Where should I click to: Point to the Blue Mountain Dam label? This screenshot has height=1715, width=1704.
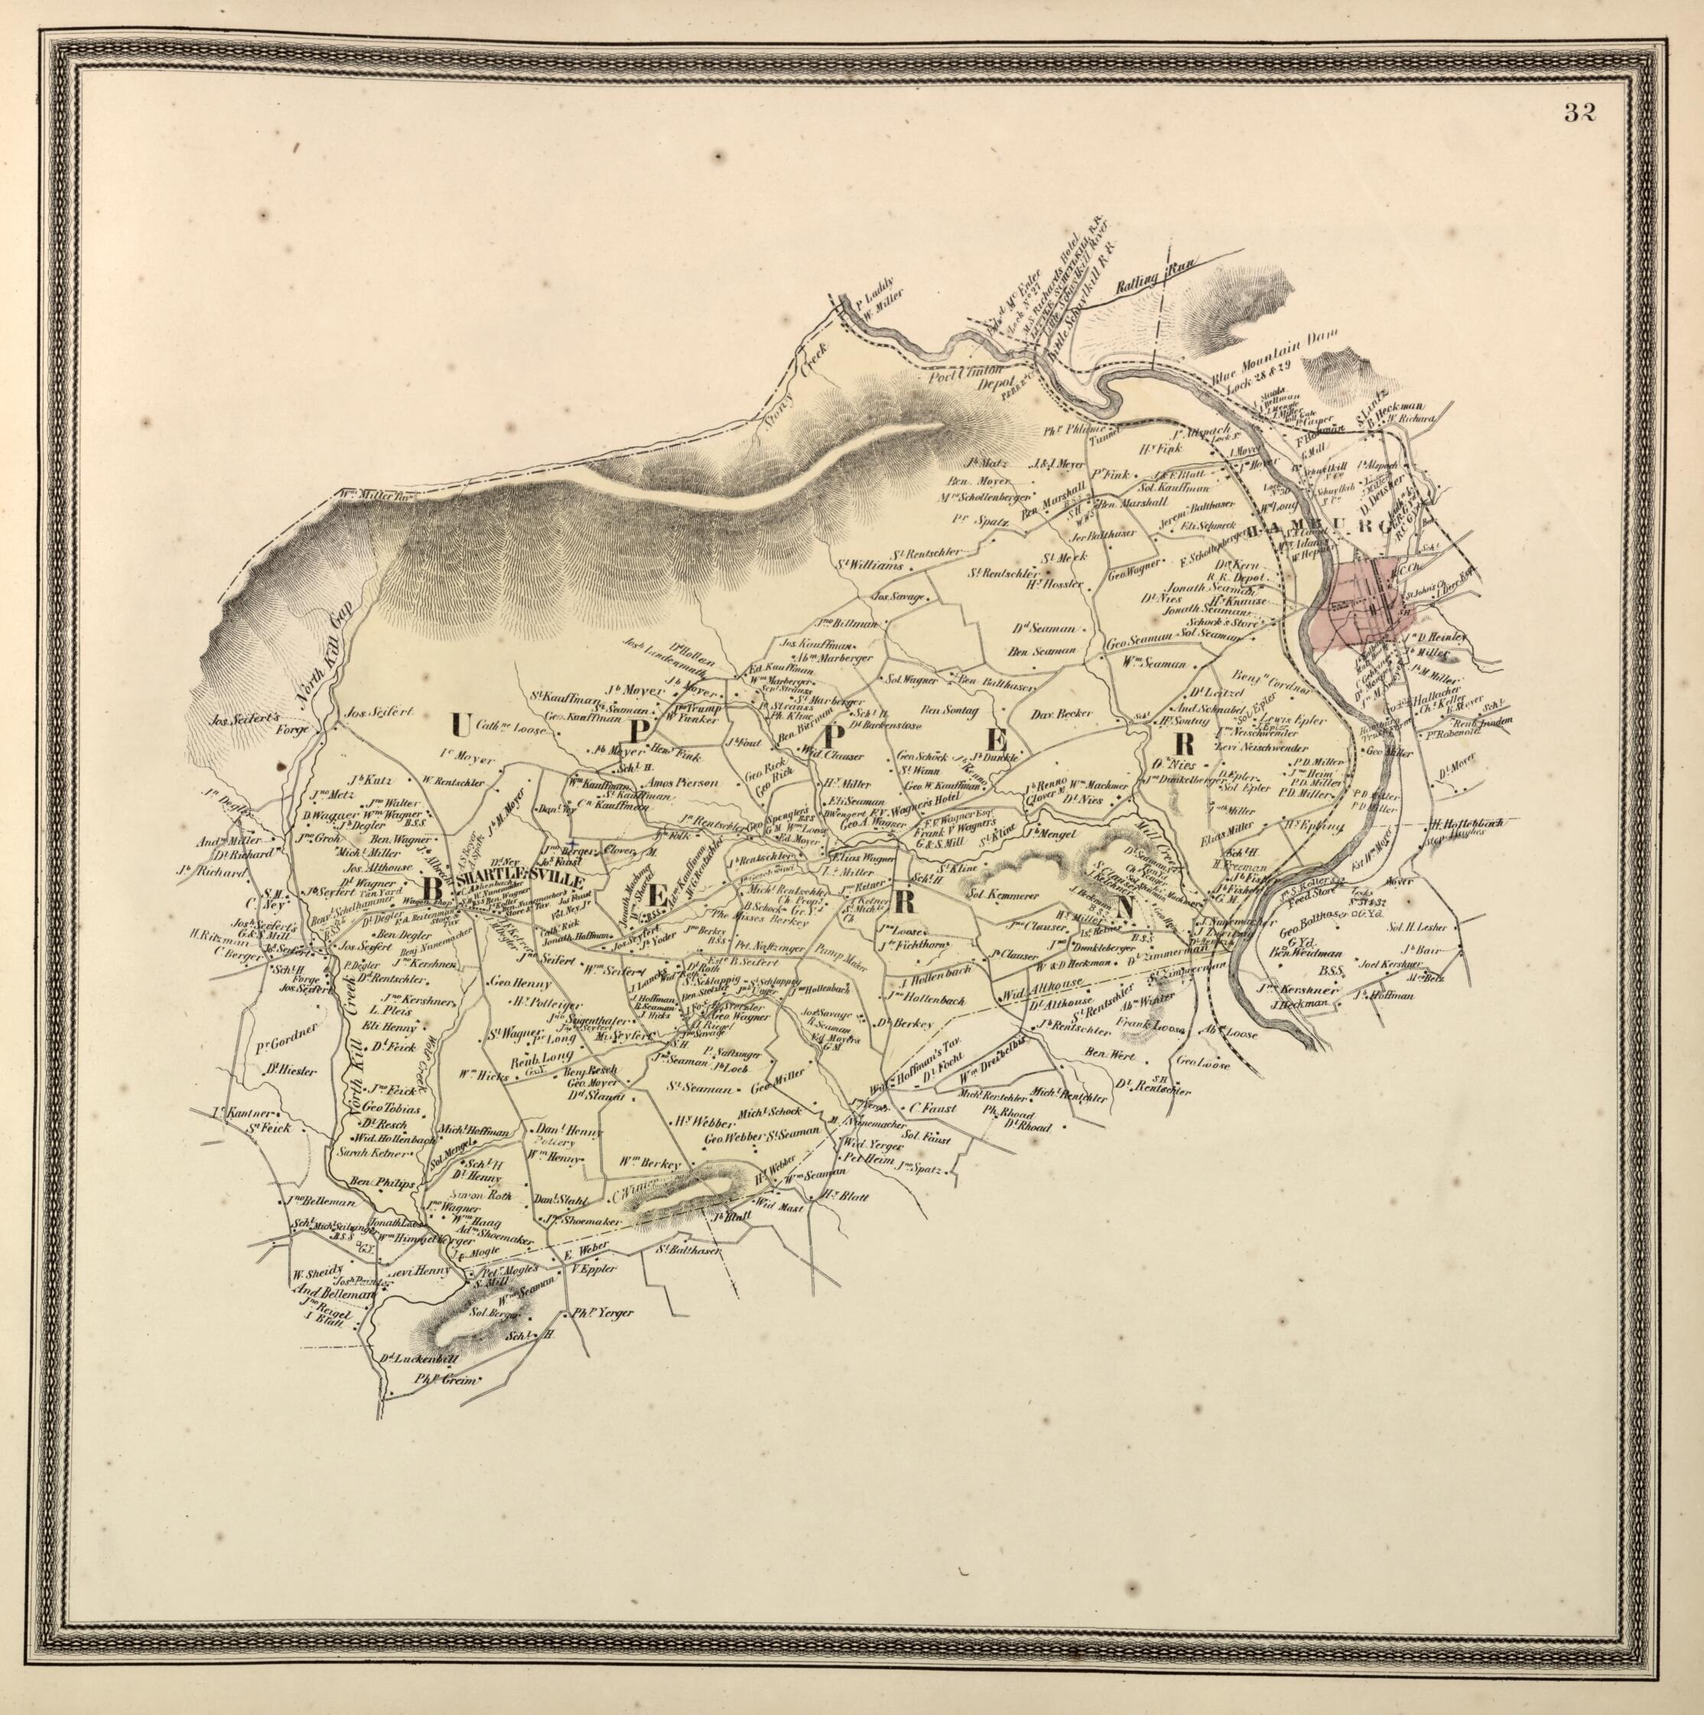(x=1269, y=356)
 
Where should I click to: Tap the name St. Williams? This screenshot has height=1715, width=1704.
(x=870, y=564)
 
